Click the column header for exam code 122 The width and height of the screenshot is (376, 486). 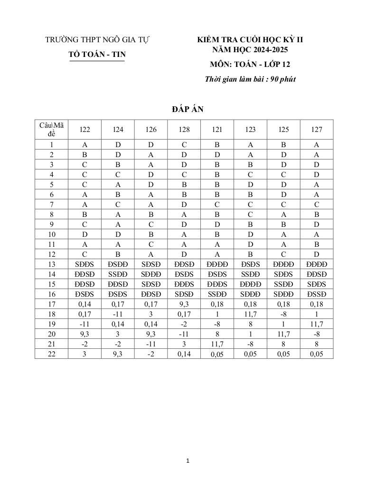point(85,130)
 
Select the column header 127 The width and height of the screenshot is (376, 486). point(317,130)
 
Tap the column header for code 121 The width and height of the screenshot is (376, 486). point(217,130)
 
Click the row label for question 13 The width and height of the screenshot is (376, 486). point(51,264)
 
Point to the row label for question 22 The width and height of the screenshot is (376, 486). point(51,354)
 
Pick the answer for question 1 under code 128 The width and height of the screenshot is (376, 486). point(184,144)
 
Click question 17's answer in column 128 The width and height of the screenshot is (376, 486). point(184,304)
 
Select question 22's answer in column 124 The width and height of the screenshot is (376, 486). point(118,354)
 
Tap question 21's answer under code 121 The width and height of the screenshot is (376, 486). point(217,344)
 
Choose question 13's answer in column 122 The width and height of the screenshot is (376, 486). point(85,264)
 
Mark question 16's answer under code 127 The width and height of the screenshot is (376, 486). point(317,294)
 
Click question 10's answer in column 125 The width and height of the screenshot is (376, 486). point(283,234)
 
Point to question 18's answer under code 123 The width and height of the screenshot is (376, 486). point(250,314)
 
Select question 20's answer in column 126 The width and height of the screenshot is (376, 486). point(151,334)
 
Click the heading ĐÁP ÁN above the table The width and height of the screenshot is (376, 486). point(188,110)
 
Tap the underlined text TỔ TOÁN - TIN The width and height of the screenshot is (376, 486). point(97,55)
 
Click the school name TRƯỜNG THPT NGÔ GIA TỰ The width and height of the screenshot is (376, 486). point(97,40)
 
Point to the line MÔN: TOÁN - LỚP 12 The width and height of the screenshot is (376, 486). point(250,65)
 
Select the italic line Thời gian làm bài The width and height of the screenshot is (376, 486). point(250,79)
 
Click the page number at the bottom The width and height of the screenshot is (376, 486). point(188,460)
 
